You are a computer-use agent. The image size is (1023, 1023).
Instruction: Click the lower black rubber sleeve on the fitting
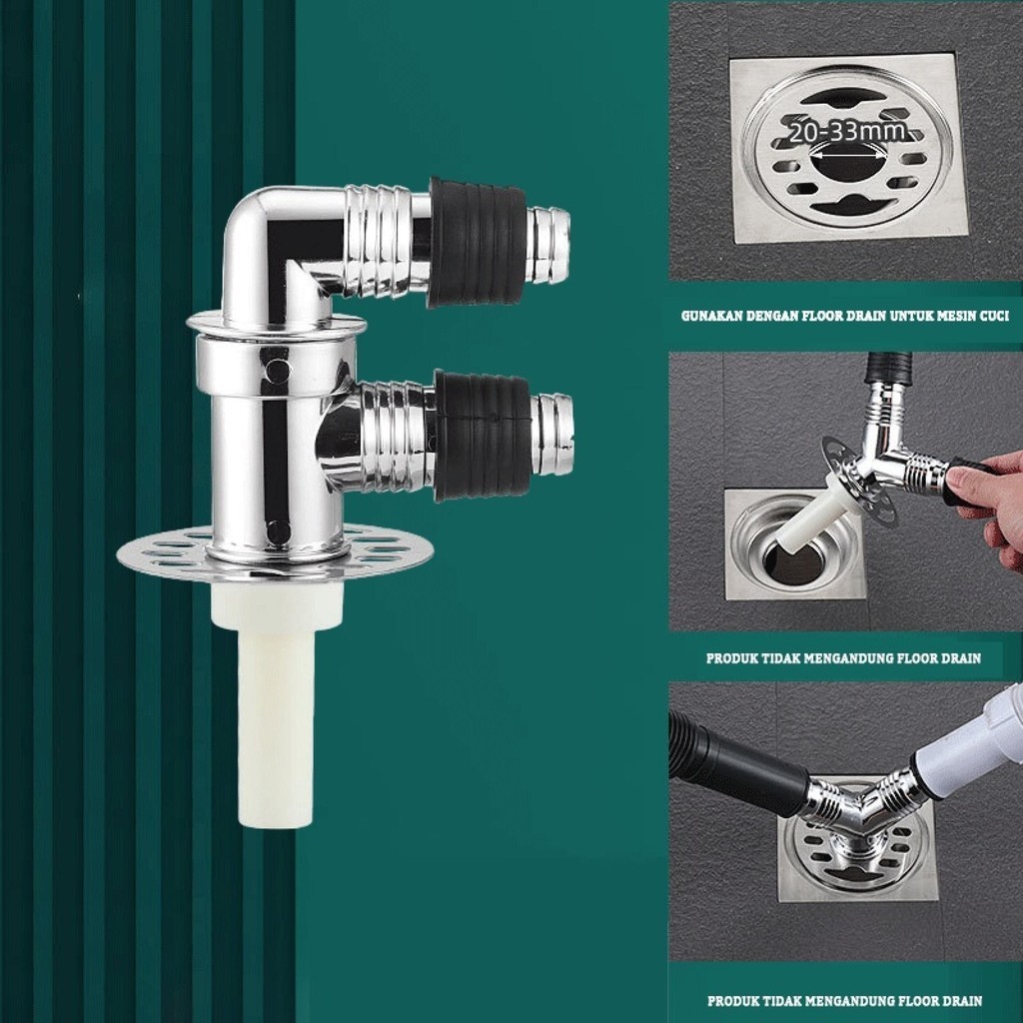coord(482,436)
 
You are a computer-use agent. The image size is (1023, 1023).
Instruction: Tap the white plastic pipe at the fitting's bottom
coord(277,700)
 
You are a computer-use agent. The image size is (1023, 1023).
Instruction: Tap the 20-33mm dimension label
coord(847,132)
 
